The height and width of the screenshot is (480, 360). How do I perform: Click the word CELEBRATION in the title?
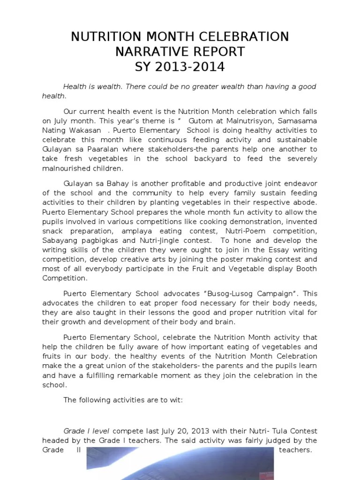[239, 37]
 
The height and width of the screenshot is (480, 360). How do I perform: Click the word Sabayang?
[59, 240]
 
